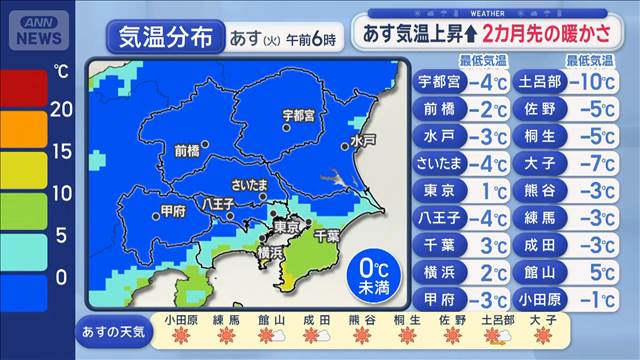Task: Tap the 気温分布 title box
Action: coord(165,38)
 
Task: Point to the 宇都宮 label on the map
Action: coord(299,116)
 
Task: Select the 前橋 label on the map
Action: coord(187,150)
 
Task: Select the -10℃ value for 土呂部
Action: coord(590,81)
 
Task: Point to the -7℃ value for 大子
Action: coord(592,162)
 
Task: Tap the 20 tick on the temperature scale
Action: coord(62,110)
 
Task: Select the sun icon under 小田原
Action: coord(182,337)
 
